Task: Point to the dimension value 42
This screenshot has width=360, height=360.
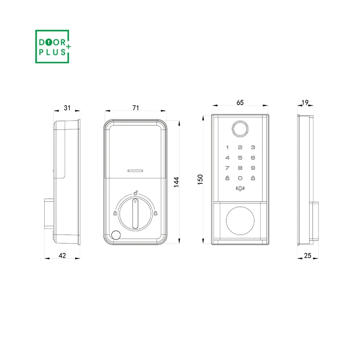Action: [x=62, y=256]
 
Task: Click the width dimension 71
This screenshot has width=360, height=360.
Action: [x=136, y=108]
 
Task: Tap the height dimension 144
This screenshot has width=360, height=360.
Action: [x=176, y=182]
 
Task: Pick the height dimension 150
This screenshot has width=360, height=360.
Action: [x=201, y=179]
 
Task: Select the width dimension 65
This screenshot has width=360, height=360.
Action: [x=240, y=102]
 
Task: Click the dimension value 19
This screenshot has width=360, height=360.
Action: [x=304, y=102]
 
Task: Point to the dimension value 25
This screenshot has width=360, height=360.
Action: [x=308, y=256]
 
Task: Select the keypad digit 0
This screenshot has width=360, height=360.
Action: [x=240, y=178]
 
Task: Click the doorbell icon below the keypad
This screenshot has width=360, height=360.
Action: [x=240, y=189]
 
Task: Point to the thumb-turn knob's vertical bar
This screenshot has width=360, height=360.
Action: [x=135, y=215]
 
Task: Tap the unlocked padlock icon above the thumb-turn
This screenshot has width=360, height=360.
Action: [x=136, y=193]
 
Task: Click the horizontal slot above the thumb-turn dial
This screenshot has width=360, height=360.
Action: [x=135, y=170]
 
